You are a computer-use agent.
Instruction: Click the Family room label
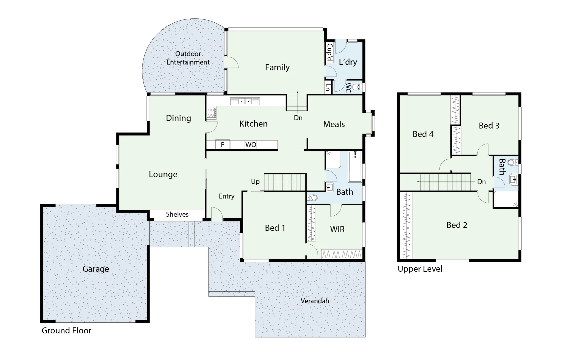277,67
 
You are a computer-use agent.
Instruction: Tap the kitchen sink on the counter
245,101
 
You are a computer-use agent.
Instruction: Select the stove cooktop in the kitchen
211,113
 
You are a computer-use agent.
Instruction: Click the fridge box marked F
222,145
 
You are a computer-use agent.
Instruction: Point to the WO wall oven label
250,145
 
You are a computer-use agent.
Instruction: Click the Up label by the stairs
255,182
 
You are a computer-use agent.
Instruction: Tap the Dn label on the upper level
481,182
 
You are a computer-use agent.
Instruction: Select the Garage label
96,269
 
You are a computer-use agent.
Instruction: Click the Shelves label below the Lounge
177,214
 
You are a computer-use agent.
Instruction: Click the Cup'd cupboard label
329,53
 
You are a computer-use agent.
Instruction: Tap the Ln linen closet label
328,88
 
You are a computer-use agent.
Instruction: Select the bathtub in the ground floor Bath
355,167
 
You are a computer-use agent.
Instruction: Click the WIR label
337,229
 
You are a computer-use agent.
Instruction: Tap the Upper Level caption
420,269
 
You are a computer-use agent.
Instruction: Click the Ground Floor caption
66,330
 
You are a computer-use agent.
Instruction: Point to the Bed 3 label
489,126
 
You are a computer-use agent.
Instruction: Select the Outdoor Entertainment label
188,58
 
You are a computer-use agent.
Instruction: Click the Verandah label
315,301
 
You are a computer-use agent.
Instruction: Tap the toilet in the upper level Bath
513,163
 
